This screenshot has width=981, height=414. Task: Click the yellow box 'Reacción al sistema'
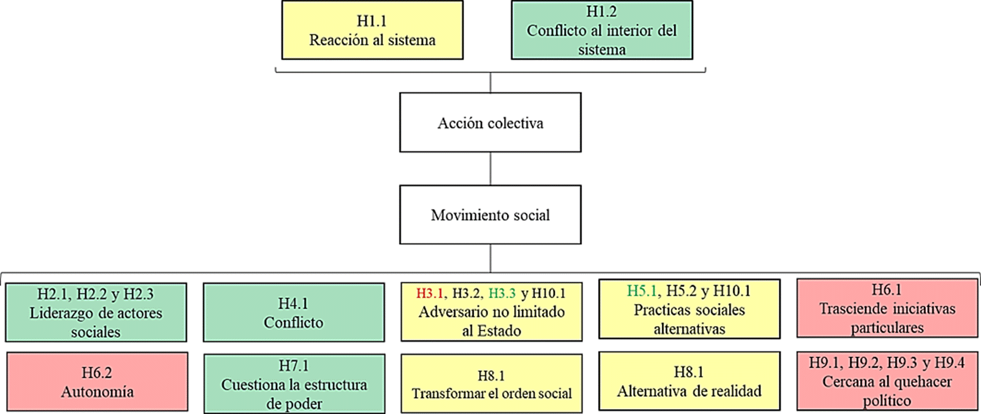click(372, 30)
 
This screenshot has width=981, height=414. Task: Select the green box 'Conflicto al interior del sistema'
click(602, 30)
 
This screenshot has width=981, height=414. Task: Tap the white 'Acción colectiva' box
click(490, 123)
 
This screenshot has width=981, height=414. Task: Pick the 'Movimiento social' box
click(490, 214)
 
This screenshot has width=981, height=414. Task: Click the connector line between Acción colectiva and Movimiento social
click(490, 169)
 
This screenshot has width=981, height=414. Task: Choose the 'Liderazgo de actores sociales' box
click(96, 313)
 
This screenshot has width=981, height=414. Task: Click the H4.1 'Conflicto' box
click(293, 313)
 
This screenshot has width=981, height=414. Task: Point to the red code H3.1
click(429, 293)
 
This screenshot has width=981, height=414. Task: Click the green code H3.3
click(502, 293)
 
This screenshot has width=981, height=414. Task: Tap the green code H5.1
click(642, 291)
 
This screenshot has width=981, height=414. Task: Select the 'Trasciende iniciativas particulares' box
click(887, 309)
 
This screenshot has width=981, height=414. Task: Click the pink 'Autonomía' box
click(97, 382)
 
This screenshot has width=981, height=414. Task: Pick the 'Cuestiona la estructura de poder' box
click(294, 385)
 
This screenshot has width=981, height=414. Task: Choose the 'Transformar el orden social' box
click(491, 383)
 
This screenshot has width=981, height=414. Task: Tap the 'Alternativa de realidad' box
click(689, 381)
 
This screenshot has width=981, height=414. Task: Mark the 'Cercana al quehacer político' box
click(887, 381)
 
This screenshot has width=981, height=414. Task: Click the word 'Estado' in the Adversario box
click(500, 331)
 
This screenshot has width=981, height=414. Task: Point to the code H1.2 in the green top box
click(601, 12)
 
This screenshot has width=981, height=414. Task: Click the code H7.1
click(293, 366)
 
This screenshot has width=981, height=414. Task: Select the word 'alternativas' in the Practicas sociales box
click(689, 329)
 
